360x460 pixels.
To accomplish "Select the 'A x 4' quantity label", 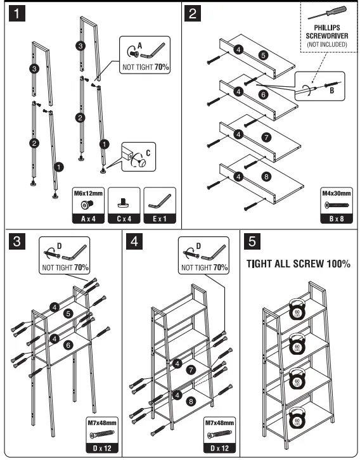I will click(88, 219).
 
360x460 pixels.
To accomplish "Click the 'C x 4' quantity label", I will click(124, 219).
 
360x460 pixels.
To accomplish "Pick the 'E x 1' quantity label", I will click(160, 219).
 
